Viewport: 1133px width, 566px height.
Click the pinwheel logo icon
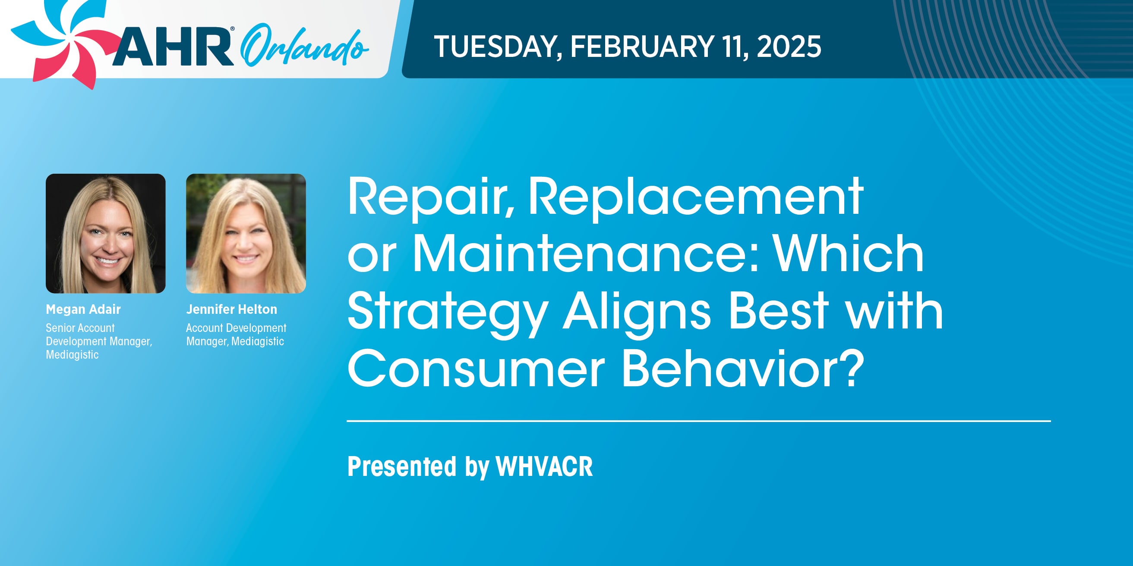66,42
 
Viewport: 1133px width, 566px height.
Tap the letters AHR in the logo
173,47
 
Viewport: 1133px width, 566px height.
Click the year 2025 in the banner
789,47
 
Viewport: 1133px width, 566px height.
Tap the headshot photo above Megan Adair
106,233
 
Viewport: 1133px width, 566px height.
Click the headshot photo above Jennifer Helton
246,233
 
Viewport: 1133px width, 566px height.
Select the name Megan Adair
83,310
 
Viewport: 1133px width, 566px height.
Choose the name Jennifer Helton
231,310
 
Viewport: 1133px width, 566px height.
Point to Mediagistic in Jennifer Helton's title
258,341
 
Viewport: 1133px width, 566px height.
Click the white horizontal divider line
698,421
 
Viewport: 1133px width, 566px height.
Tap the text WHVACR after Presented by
544,466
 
